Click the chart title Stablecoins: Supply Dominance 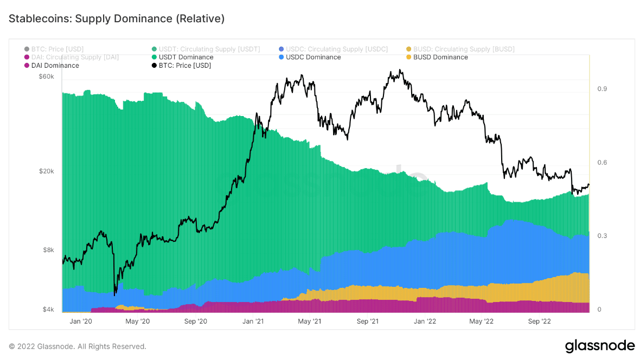(117, 19)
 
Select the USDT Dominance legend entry (185, 57)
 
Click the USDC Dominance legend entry (313, 57)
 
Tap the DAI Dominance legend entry (55, 66)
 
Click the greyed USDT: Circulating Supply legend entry (209, 49)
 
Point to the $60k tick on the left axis (47, 76)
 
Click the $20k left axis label (47, 171)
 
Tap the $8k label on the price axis (49, 250)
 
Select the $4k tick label (49, 310)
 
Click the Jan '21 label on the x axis (253, 322)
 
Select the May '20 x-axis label (138, 322)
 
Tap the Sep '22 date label (539, 322)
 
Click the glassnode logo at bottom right (599, 346)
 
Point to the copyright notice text (78, 346)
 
